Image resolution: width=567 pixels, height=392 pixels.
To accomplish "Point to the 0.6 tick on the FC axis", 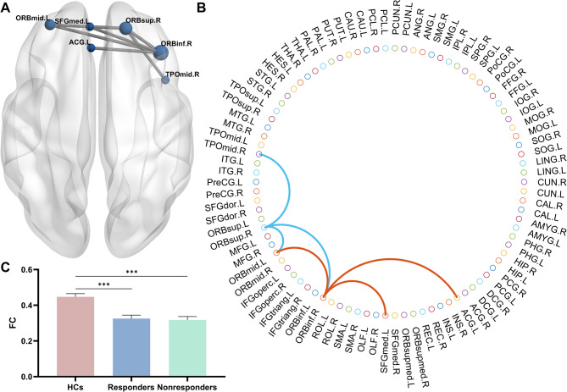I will click(x=46, y=270).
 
